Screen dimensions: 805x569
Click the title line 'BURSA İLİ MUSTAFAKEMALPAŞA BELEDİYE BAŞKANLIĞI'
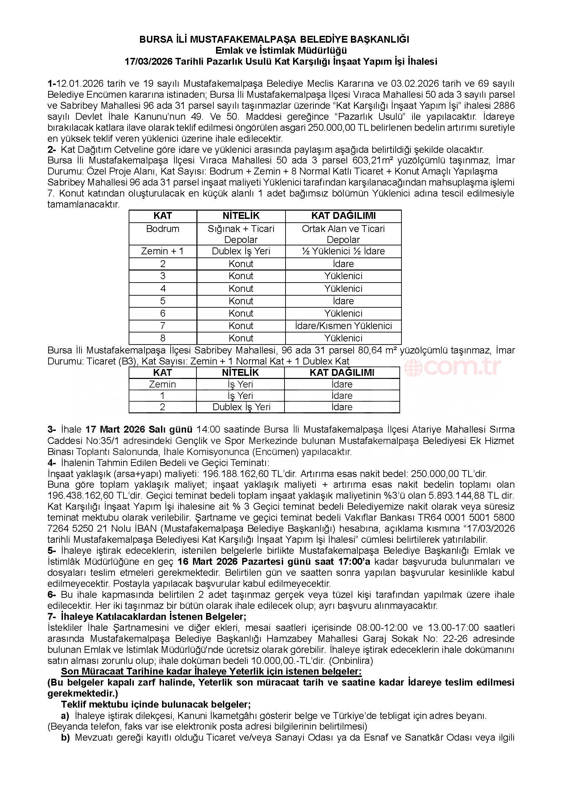click(x=274, y=39)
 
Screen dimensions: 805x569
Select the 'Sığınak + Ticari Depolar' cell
click(x=241, y=234)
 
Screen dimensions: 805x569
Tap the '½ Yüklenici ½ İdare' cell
click(x=343, y=251)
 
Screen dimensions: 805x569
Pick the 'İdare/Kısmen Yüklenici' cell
click(x=343, y=326)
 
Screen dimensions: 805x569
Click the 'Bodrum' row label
click(x=163, y=229)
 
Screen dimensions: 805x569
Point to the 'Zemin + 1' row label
click(x=163, y=251)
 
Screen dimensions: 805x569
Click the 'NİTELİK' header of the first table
click(x=241, y=216)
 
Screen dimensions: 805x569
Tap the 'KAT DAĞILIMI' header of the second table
click(x=342, y=372)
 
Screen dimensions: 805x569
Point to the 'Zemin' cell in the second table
click(x=162, y=384)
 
